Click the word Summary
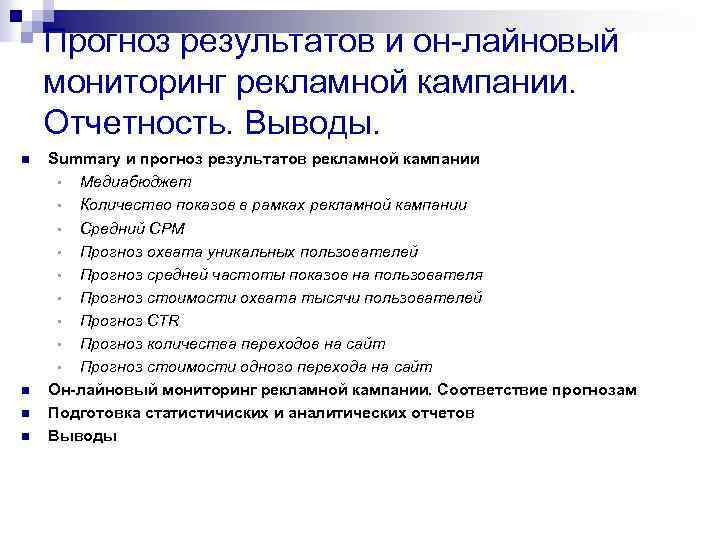coord(81,160)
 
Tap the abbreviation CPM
coord(164,228)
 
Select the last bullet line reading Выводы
coord(83,436)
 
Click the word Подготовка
coord(96,413)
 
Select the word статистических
coord(216,413)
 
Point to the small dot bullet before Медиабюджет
coord(60,183)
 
